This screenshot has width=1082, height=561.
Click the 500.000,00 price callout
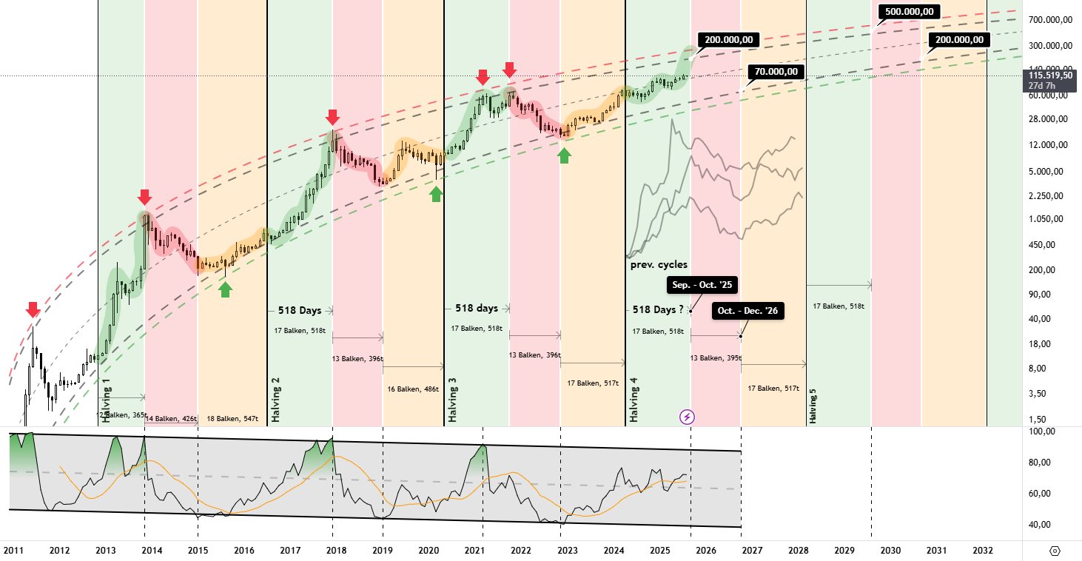click(910, 11)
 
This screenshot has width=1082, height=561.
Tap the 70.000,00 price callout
click(776, 72)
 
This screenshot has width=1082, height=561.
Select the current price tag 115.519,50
click(1049, 75)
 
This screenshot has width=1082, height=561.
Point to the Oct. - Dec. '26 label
click(747, 311)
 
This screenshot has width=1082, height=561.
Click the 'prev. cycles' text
click(659, 264)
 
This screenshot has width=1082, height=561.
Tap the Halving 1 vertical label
click(107, 400)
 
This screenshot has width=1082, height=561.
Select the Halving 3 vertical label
click(452, 400)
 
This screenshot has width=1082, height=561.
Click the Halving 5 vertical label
click(813, 403)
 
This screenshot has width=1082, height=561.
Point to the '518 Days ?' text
click(658, 309)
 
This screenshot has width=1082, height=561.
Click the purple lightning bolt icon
click(687, 417)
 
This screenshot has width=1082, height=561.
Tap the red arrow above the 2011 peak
click(32, 309)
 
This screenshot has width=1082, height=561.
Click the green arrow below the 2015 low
click(225, 289)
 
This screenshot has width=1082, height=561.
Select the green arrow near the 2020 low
click(436, 193)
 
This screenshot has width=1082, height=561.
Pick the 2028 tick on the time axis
click(798, 551)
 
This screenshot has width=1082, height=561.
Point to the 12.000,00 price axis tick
click(1049, 145)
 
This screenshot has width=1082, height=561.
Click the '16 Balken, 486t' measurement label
click(413, 389)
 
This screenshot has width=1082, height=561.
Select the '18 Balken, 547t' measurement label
click(232, 419)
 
